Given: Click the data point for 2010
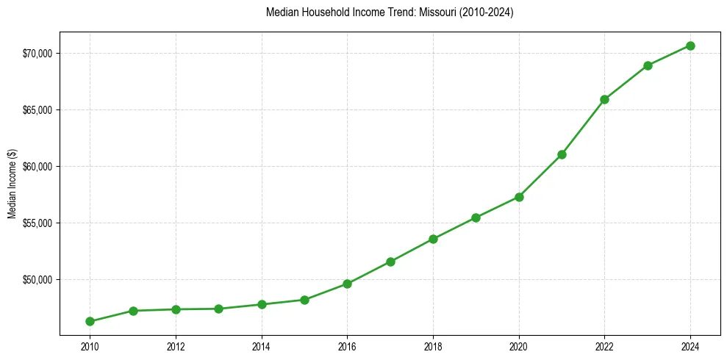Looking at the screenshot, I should click(90, 321).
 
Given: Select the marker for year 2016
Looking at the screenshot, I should click(348, 284).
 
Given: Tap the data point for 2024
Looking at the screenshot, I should click(690, 46).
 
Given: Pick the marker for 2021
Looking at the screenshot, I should click(562, 154).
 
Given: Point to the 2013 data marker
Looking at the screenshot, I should click(218, 309).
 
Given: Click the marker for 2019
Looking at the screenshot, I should click(476, 217).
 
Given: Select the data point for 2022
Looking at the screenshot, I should click(604, 99).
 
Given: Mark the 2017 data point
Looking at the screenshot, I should click(390, 262).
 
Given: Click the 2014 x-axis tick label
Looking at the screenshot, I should click(261, 346).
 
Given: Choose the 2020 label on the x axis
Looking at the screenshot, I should click(519, 346).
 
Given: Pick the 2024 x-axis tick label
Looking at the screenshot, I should click(690, 346).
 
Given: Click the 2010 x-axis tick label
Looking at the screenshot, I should click(90, 346).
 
